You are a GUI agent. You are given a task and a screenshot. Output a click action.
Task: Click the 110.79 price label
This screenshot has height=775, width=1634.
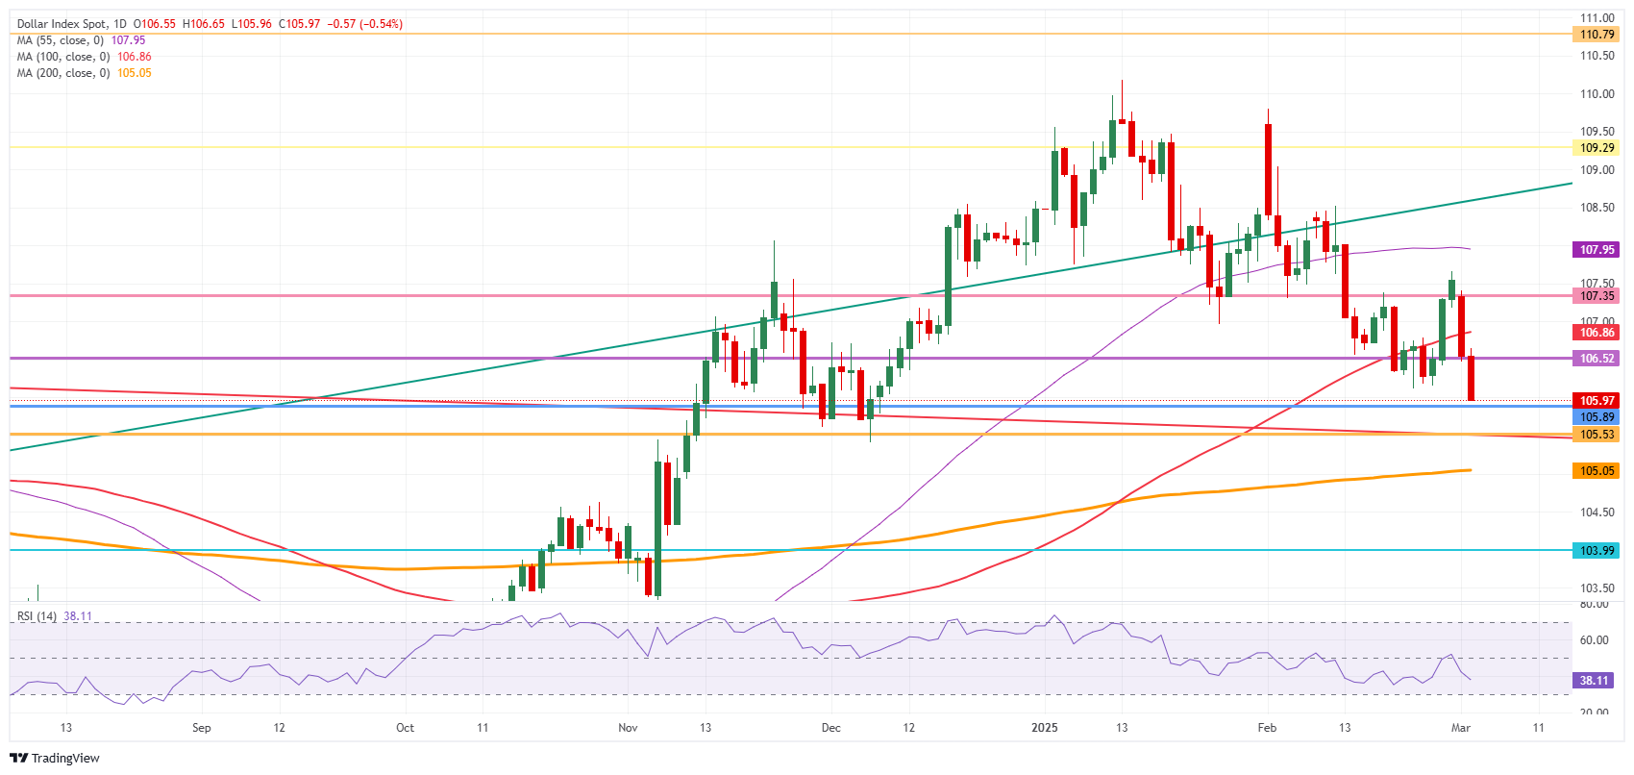(x=1597, y=35)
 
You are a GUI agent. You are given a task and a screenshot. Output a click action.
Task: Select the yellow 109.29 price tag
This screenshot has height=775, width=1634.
(x=1597, y=148)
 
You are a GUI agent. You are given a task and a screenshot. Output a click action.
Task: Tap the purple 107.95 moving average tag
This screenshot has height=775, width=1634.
(x=1597, y=250)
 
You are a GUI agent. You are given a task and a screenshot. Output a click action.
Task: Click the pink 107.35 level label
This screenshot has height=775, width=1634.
(x=1597, y=296)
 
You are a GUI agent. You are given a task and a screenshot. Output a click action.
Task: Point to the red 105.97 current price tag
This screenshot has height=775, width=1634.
(x=1597, y=401)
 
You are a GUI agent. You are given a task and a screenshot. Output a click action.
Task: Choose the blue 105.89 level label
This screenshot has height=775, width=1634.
(x=1597, y=417)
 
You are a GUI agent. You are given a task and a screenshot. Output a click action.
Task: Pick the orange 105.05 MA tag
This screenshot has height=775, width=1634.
(x=1597, y=471)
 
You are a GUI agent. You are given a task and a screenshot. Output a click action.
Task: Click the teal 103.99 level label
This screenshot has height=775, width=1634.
(x=1597, y=551)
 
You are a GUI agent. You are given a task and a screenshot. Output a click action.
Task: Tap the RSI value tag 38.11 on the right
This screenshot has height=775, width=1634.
(x=1594, y=681)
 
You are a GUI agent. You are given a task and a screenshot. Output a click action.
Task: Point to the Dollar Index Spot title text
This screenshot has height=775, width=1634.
(x=59, y=24)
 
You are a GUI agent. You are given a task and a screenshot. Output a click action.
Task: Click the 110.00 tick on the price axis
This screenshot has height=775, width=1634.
(x=1597, y=94)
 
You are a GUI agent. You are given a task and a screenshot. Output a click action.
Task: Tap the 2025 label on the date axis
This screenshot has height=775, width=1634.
(x=1045, y=728)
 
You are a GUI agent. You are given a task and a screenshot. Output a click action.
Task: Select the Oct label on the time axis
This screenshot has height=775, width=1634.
(x=405, y=728)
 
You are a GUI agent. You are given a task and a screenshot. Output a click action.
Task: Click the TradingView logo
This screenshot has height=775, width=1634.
(x=55, y=758)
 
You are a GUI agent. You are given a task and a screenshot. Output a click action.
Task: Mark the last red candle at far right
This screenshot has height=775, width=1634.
(x=1471, y=378)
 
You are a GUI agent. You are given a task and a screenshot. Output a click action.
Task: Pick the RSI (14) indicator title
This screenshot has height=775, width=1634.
(x=37, y=616)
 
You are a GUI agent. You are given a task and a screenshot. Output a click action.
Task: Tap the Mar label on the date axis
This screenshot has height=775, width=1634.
(x=1461, y=728)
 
